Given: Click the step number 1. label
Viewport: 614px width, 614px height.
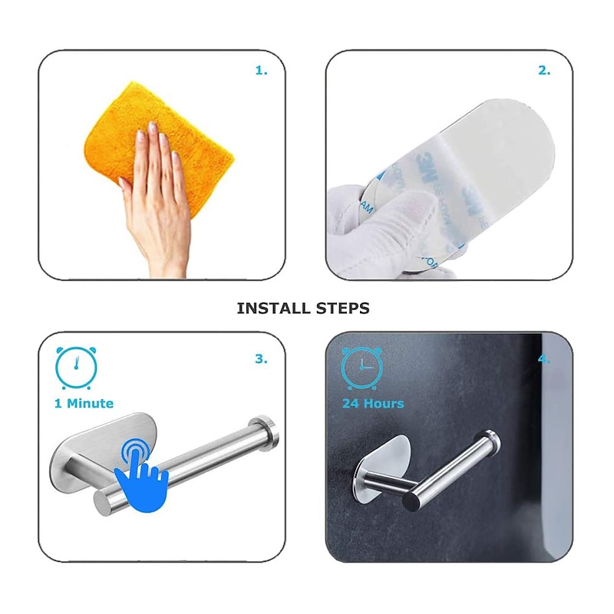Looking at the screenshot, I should (x=261, y=71).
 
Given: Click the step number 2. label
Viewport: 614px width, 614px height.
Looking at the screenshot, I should (x=543, y=71).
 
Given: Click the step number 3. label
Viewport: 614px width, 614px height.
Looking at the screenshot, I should (x=261, y=358).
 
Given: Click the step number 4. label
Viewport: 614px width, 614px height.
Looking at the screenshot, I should (x=543, y=358).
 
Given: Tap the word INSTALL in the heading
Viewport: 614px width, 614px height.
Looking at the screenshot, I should (x=270, y=309).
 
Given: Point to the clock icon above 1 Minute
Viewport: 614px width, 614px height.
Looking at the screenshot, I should (x=76, y=368).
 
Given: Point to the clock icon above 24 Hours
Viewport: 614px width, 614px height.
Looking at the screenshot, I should (x=362, y=368).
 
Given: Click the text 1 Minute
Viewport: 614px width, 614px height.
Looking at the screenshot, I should (x=84, y=404).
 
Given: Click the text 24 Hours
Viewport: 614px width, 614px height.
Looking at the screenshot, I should (x=373, y=404).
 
